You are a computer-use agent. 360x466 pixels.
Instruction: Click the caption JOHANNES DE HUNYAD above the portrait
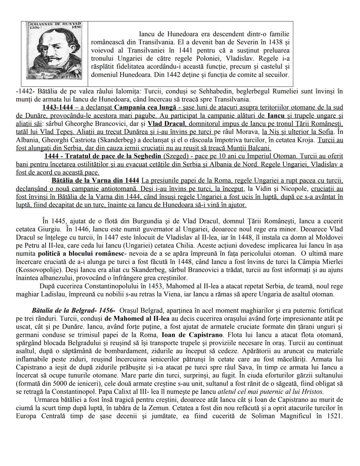coord(51,24)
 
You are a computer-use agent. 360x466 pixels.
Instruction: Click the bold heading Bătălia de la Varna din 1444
coord(95,180)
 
